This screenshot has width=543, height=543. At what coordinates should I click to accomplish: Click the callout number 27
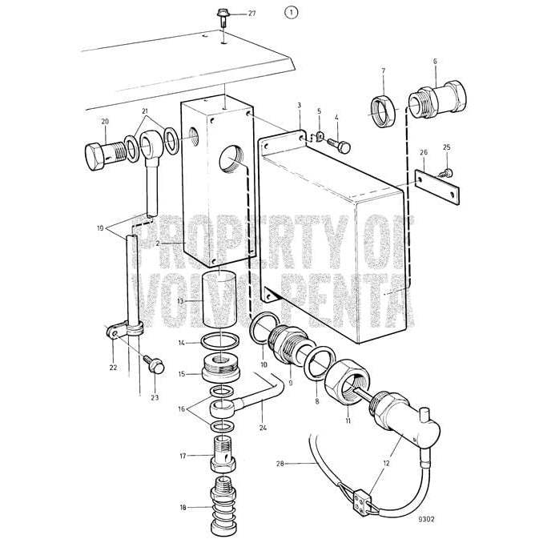click(x=230, y=14)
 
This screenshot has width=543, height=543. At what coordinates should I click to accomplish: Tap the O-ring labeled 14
click(x=219, y=342)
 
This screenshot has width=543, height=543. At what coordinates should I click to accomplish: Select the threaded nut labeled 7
click(x=384, y=107)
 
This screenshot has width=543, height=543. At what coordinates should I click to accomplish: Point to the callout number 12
click(x=388, y=462)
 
